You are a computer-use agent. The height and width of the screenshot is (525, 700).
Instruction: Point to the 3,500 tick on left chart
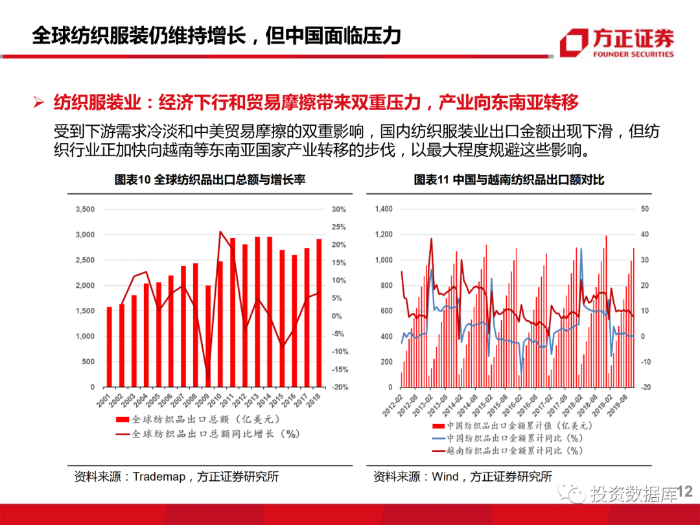[85, 209]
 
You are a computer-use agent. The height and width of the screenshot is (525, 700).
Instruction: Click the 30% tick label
[339, 209]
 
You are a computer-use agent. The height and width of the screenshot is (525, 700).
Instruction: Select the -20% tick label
[339, 387]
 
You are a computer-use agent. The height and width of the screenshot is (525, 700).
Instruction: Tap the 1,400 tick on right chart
[384, 209]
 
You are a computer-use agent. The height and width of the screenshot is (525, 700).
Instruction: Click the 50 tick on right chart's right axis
[645, 209]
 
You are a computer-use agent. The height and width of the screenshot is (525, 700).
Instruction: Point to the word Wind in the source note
[445, 477]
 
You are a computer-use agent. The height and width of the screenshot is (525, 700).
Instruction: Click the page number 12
[685, 494]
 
